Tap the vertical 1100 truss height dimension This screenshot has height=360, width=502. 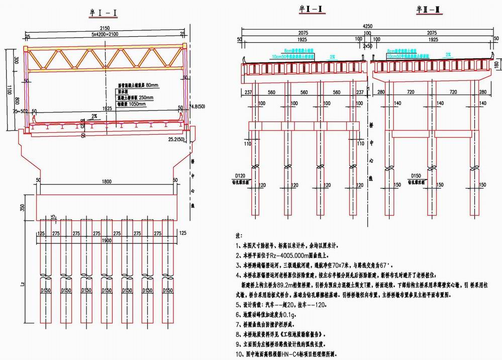7,88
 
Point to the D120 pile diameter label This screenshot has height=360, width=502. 238,175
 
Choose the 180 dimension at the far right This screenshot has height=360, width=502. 497,64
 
